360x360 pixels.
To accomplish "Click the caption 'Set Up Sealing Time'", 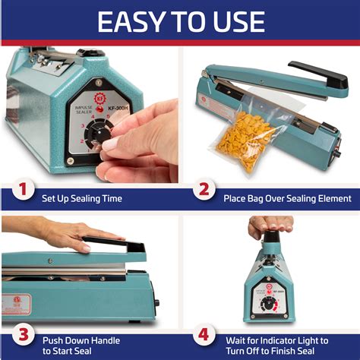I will [x=83, y=198].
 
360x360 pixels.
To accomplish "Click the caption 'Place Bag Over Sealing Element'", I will [x=287, y=198].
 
